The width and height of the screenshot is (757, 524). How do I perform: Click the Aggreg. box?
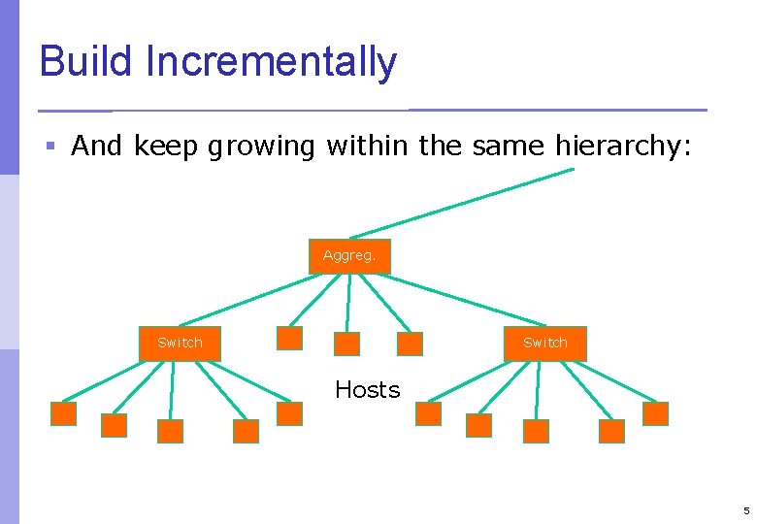349,256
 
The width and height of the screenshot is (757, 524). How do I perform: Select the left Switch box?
180,343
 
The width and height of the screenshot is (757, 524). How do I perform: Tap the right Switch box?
544,343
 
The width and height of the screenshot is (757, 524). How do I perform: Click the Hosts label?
367,390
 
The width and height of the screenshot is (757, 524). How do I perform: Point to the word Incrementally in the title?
271,61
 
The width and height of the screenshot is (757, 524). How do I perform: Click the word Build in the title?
86,61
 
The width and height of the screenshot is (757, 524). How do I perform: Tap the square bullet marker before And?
50,147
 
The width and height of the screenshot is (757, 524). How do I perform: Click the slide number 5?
745,510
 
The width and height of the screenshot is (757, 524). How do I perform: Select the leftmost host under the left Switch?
63,414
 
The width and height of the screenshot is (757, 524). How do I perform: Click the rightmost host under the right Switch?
656,414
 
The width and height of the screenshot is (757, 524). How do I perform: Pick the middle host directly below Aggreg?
346,344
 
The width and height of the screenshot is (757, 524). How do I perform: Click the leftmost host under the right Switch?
428,414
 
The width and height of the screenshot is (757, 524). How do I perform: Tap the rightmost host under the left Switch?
289,414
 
